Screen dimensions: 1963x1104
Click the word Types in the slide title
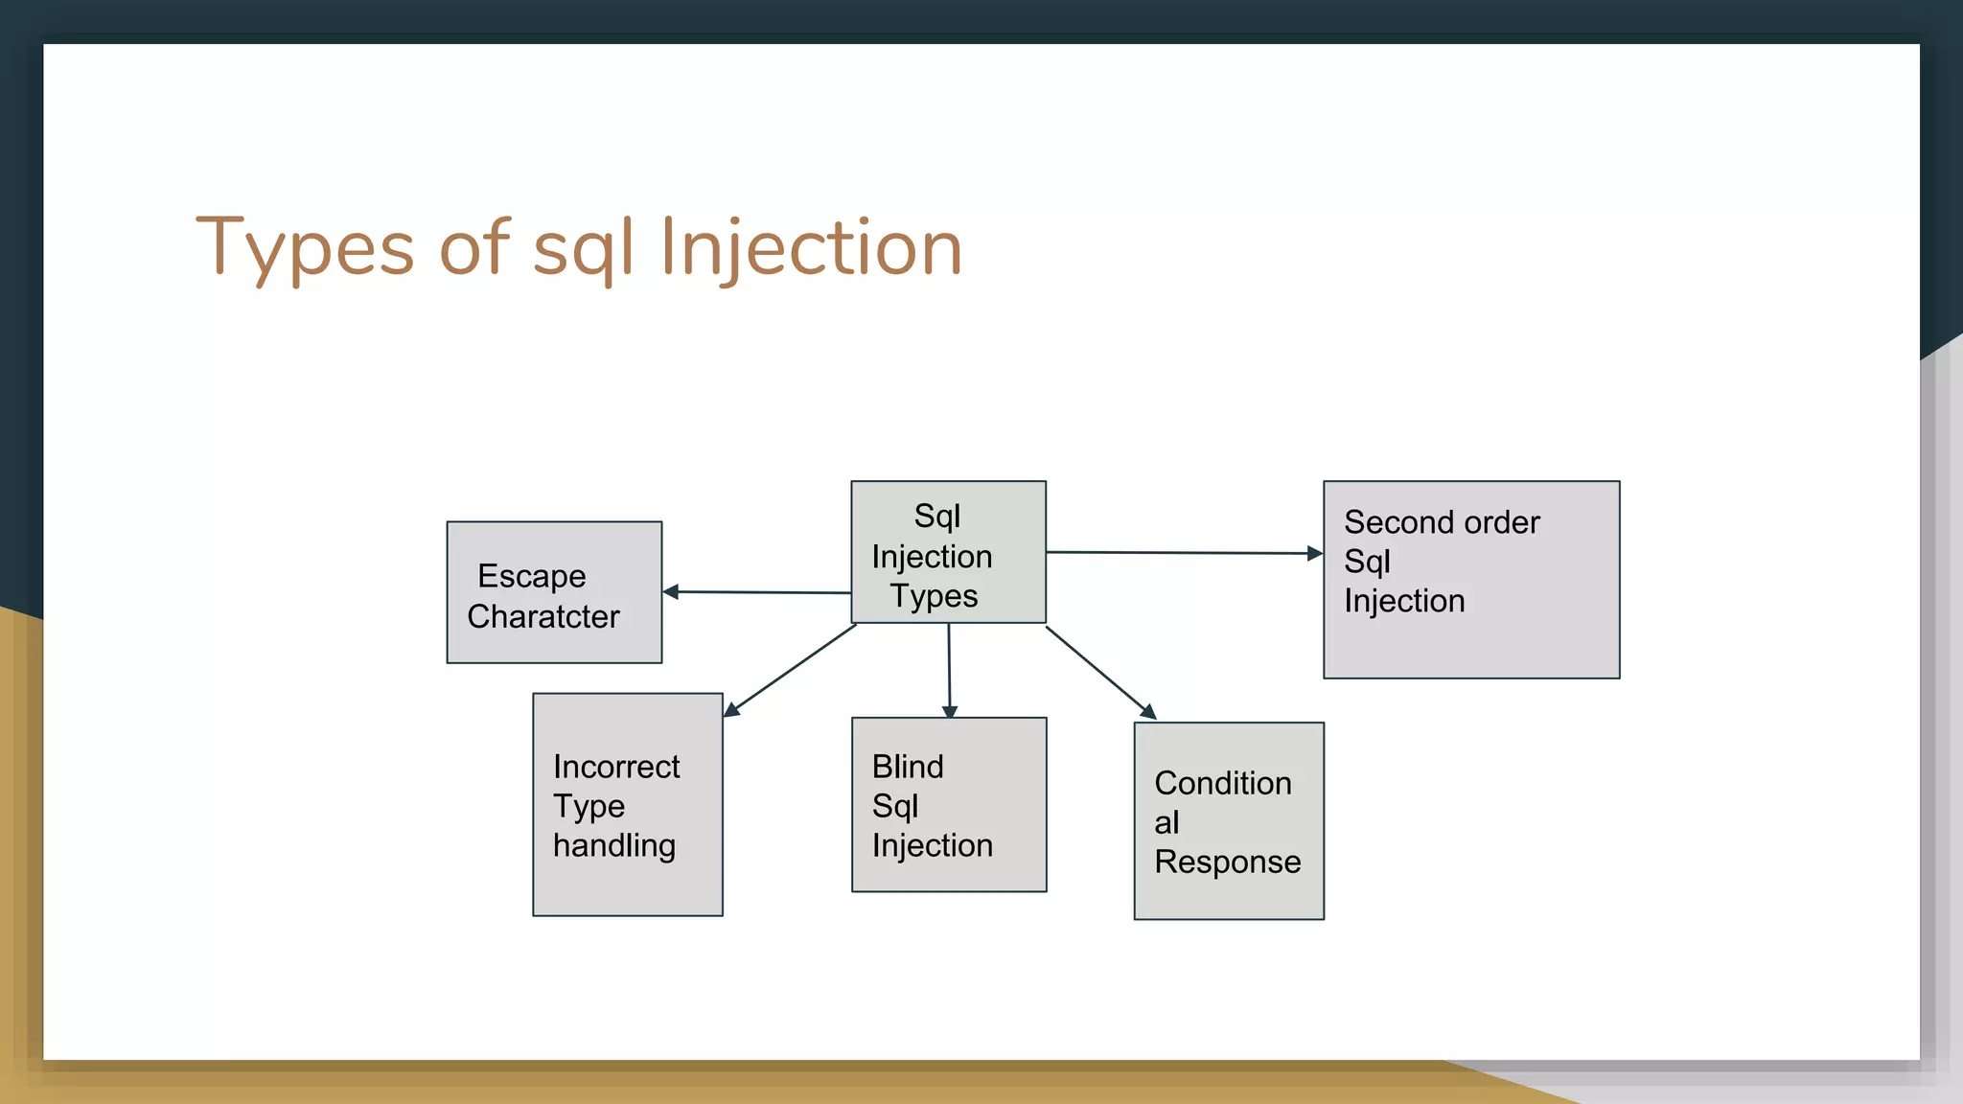tap(305, 248)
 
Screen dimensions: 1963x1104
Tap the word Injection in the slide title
tap(811, 248)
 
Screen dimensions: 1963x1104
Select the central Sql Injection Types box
tap(948, 553)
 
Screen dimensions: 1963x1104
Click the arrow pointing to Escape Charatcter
tap(757, 592)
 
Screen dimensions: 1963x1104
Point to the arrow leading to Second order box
tap(1184, 552)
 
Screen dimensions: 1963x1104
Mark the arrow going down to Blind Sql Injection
tap(949, 671)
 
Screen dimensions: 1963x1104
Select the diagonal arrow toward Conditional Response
tap(1100, 672)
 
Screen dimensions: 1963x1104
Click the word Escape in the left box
tap(532, 576)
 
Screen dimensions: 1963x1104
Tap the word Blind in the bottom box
tap(908, 767)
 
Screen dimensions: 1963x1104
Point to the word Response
tap(1228, 862)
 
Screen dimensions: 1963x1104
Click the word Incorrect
tap(616, 767)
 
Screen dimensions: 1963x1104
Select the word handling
tap(614, 845)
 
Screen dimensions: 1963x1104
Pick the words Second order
tap(1442, 522)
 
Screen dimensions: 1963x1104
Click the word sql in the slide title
tap(583, 248)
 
